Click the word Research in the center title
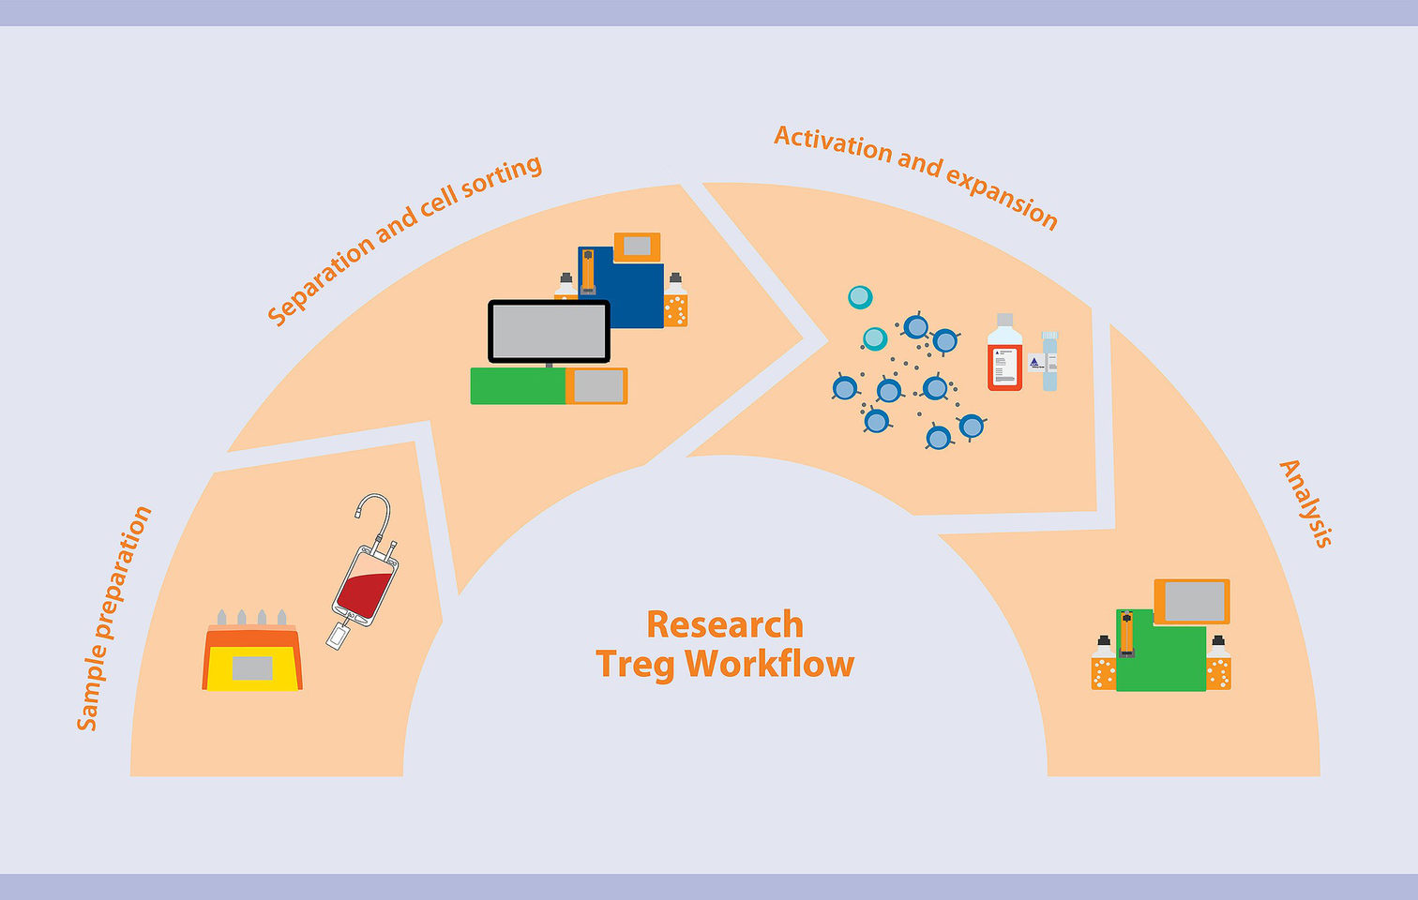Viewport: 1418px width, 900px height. pos(725,624)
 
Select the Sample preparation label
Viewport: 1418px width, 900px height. pos(113,619)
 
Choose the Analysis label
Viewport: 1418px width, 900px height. pos(1306,503)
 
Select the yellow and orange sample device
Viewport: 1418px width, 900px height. pos(252,658)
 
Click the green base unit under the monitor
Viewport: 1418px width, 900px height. pos(518,386)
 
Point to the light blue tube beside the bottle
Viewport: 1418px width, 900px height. pos(1049,363)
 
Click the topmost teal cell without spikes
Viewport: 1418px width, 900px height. pos(860,297)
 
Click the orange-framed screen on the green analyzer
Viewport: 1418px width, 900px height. pos(1193,602)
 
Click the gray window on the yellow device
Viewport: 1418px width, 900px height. pos(252,667)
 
